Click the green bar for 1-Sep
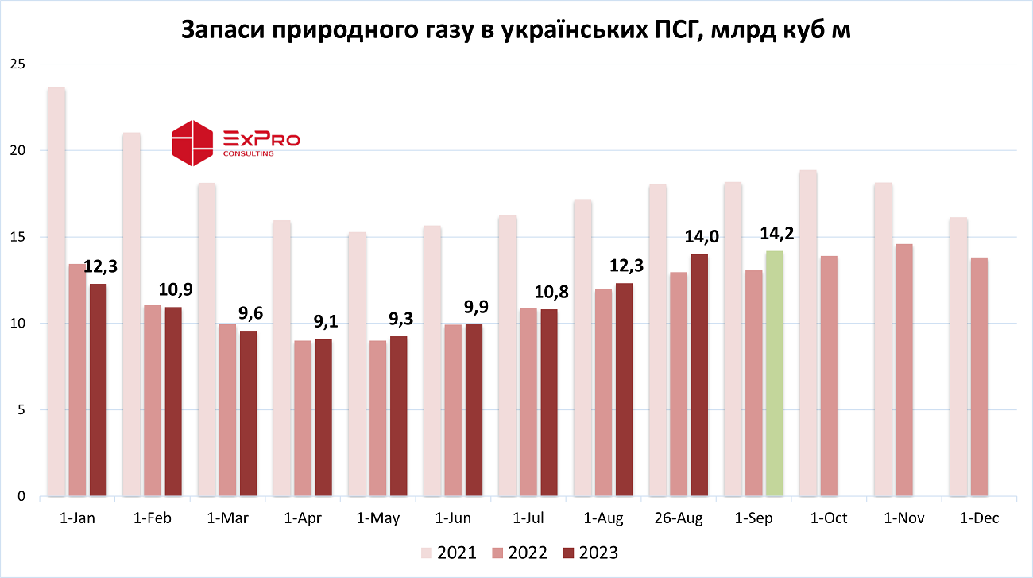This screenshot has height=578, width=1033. click(775, 374)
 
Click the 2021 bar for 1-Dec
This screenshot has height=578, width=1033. click(958, 357)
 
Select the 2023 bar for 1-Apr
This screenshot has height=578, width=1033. click(323, 418)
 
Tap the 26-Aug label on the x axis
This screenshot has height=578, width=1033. click(679, 518)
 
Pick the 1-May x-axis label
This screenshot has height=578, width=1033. click(378, 518)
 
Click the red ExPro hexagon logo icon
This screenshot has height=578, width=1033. click(194, 143)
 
